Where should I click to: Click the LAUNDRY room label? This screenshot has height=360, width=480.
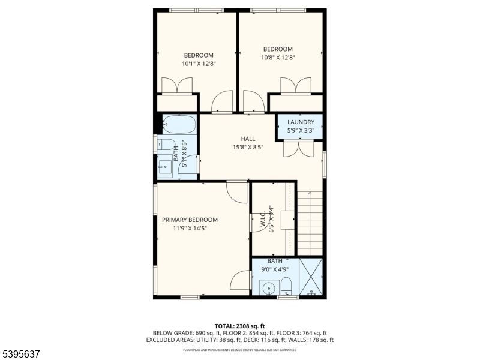(301, 122)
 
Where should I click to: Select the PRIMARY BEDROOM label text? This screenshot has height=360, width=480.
(190, 220)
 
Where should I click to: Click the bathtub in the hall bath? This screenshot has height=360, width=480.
(179, 124)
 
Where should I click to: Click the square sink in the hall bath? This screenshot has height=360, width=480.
(164, 165)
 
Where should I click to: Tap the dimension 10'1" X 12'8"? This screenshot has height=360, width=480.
(199, 64)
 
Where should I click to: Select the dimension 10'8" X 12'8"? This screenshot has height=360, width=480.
(278, 58)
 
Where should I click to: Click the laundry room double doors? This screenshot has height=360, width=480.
(298, 148)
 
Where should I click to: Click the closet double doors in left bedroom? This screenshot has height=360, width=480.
(178, 86)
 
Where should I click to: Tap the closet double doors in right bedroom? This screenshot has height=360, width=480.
(295, 86)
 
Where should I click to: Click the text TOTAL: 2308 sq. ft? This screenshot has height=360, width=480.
(239, 326)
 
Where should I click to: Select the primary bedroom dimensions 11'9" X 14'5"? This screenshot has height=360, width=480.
(190, 228)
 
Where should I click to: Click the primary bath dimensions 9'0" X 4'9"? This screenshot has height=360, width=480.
(275, 269)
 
